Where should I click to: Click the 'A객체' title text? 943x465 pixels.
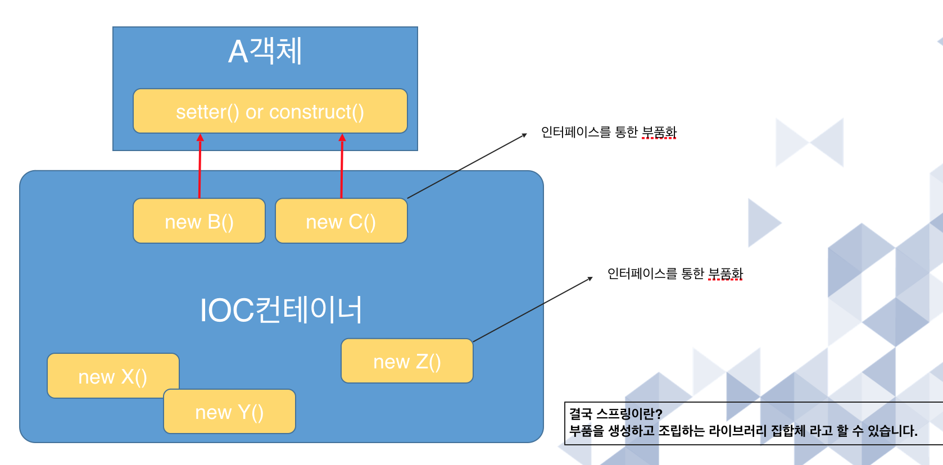[265, 51]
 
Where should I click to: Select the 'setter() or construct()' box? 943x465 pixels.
[270, 111]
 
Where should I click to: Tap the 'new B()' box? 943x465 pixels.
[199, 221]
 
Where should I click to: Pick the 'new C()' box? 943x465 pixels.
[341, 221]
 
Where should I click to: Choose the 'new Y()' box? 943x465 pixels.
[229, 413]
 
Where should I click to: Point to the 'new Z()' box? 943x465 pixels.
[407, 362]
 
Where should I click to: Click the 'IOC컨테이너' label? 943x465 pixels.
[281, 310]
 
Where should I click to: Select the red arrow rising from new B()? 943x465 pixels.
[200, 166]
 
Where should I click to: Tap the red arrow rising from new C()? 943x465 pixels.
[342, 166]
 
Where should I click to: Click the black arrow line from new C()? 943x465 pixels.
[466, 166]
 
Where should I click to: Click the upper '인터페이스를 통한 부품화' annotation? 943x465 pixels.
[609, 133]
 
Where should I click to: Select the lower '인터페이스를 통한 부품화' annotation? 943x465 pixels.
[675, 274]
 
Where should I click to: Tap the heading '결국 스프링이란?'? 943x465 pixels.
[616, 414]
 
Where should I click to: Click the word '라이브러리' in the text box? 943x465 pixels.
[737, 431]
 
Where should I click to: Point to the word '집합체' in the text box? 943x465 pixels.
[788, 431]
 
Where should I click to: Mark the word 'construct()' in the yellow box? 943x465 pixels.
[316, 112]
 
